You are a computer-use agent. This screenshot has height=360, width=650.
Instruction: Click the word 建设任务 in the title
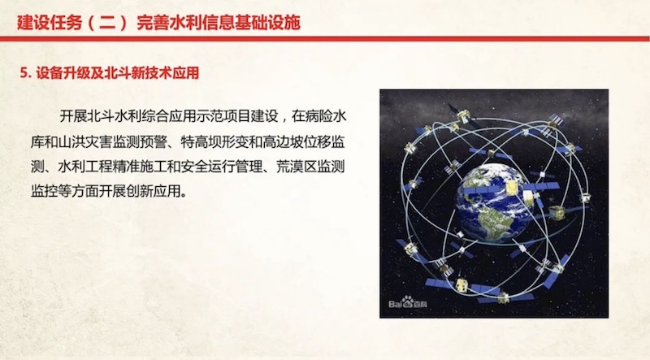tap(50, 23)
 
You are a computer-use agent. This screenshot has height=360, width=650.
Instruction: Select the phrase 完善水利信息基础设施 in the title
tap(218, 23)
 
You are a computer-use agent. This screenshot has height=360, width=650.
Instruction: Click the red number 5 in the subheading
tap(24, 73)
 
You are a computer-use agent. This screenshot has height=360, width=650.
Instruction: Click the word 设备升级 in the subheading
tap(63, 73)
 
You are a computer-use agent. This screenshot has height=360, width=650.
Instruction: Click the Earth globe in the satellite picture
tap(493, 203)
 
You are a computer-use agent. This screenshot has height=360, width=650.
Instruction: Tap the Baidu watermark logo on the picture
tap(408, 302)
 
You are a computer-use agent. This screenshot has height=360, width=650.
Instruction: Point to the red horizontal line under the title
tap(325, 39)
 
